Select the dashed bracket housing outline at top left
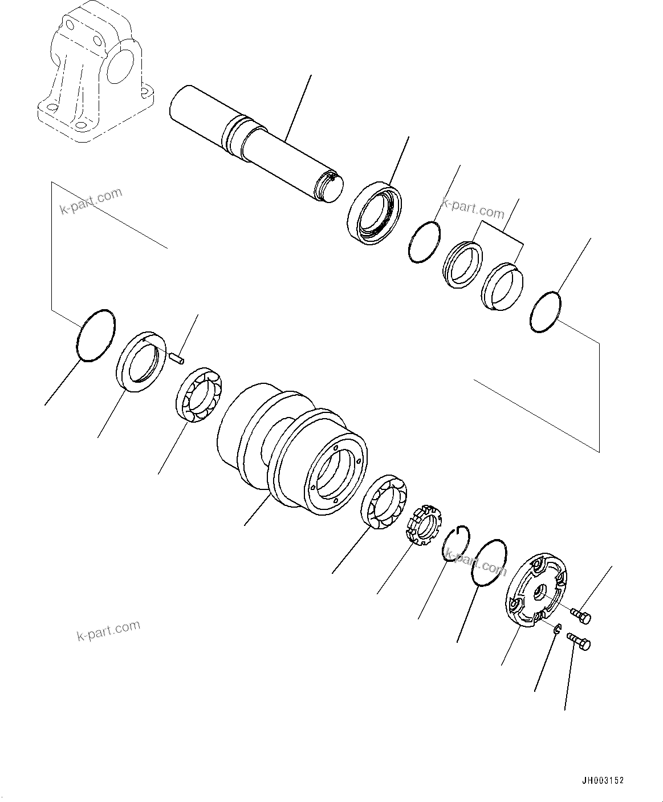pyautogui.click(x=94, y=71)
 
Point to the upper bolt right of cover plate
pyautogui.click(x=582, y=616)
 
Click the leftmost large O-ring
pyautogui.click(x=95, y=335)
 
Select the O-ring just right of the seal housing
pyautogui.click(x=425, y=242)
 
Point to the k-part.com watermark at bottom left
pyautogui.click(x=108, y=630)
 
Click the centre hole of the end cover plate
pyautogui.click(x=539, y=594)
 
